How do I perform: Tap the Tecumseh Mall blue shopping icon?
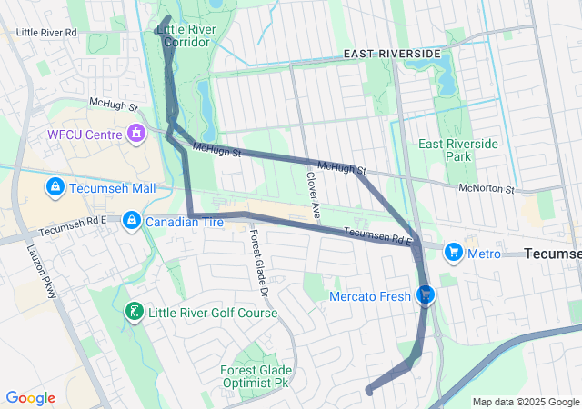pyautogui.click(x=55, y=186)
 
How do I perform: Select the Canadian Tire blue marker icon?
pyautogui.click(x=132, y=221)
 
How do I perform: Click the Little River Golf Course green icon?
pyautogui.click(x=134, y=313)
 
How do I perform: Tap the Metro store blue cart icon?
pyautogui.click(x=452, y=252)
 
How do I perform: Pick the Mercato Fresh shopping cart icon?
pyautogui.click(x=424, y=294)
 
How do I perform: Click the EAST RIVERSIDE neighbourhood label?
pyautogui.click(x=392, y=55)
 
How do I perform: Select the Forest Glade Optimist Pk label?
pyautogui.click(x=256, y=376)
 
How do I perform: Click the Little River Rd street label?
pyautogui.click(x=46, y=32)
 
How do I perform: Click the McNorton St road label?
pyautogui.click(x=487, y=189)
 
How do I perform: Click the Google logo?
pyautogui.click(x=30, y=398)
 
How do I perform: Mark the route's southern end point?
pyautogui.click(x=369, y=391)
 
